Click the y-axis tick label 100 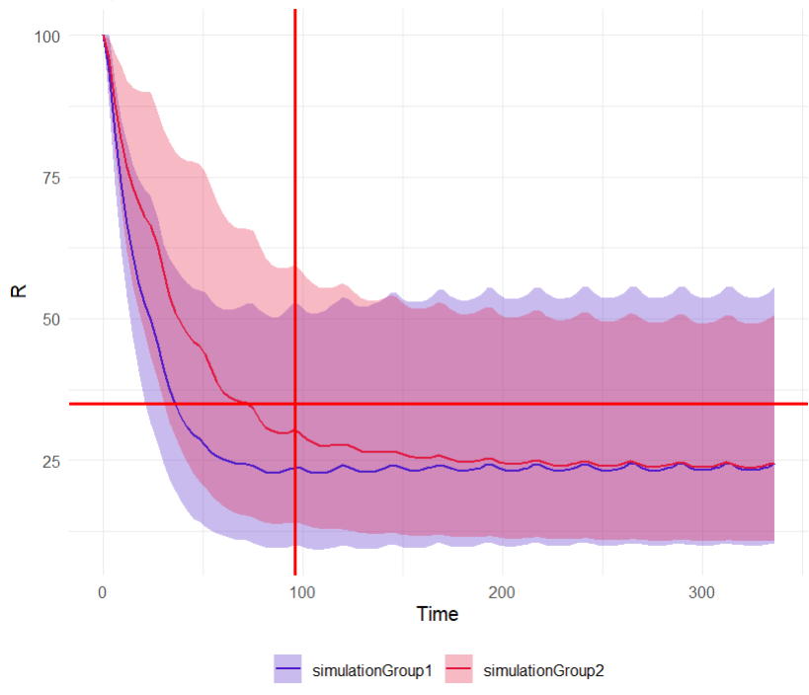point(46,37)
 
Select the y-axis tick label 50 point(50,319)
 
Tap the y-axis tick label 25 point(50,461)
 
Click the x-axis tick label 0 point(103,592)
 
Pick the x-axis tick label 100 point(302,592)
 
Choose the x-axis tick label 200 point(502,592)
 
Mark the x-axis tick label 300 point(701,592)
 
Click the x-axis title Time point(438,614)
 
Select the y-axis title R point(18,292)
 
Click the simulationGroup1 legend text point(372,671)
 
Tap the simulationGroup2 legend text point(544,671)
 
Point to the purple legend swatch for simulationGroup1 point(288,671)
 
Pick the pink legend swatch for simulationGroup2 point(460,671)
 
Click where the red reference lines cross point(295,404)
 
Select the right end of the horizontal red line point(806,404)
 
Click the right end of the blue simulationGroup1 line point(773,464)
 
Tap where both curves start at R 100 point(103,36)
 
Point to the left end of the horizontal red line point(70,404)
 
